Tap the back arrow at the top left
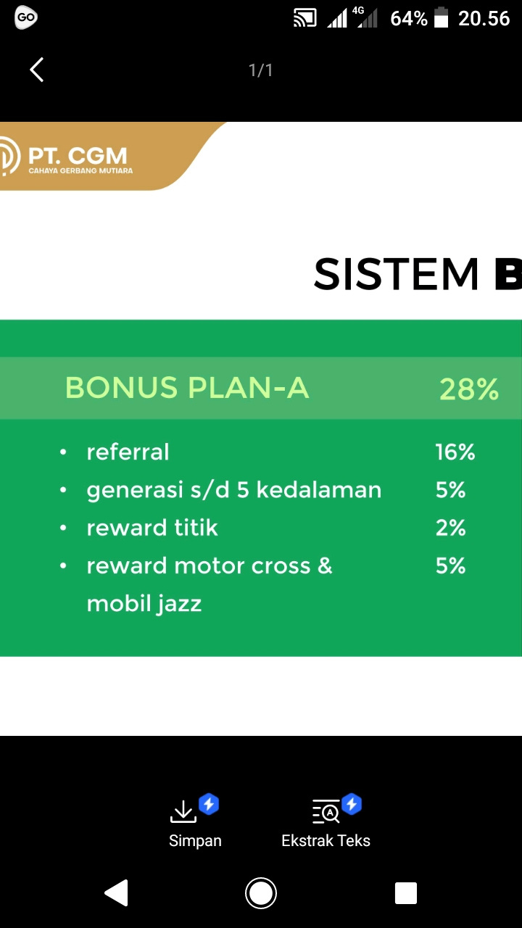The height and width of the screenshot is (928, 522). (x=36, y=70)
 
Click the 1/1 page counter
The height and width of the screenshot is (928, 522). (x=260, y=70)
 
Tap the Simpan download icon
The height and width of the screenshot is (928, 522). (x=183, y=811)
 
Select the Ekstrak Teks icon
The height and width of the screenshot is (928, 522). (x=326, y=811)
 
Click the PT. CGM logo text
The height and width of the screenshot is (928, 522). (x=78, y=156)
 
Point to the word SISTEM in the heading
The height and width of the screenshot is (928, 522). (x=396, y=274)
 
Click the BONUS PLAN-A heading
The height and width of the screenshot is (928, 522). (x=187, y=388)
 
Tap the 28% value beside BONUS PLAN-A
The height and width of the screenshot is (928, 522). (x=468, y=389)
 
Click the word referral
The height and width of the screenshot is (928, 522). (x=128, y=452)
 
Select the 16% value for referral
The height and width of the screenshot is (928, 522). (x=455, y=452)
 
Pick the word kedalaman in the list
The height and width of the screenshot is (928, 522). (x=318, y=489)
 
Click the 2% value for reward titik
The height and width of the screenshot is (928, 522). (x=450, y=528)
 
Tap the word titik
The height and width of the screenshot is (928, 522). (x=196, y=527)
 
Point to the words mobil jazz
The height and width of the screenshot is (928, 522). (x=144, y=604)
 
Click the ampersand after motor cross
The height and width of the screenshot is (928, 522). (x=326, y=565)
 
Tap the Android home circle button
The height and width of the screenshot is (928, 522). (x=260, y=892)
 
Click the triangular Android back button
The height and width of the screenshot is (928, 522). (x=117, y=892)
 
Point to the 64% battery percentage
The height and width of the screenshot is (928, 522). (x=408, y=19)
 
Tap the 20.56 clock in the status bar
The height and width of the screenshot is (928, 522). (x=484, y=19)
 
